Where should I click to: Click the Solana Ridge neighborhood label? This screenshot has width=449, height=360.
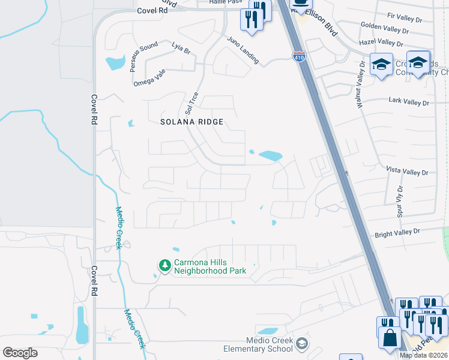coord(192,122)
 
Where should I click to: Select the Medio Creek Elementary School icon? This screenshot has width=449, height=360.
coord(303,344)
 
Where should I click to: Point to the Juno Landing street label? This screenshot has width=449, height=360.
coord(243,50)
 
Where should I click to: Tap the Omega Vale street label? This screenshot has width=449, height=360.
coord(149,77)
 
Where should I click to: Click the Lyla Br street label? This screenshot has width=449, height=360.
coord(181,49)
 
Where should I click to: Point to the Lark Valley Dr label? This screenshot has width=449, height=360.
coord(409,103)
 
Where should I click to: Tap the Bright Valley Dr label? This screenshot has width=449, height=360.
coord(399,232)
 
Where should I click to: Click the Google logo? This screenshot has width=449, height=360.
coord(20,352)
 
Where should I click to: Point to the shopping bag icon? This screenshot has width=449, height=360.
coord(390,338)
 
